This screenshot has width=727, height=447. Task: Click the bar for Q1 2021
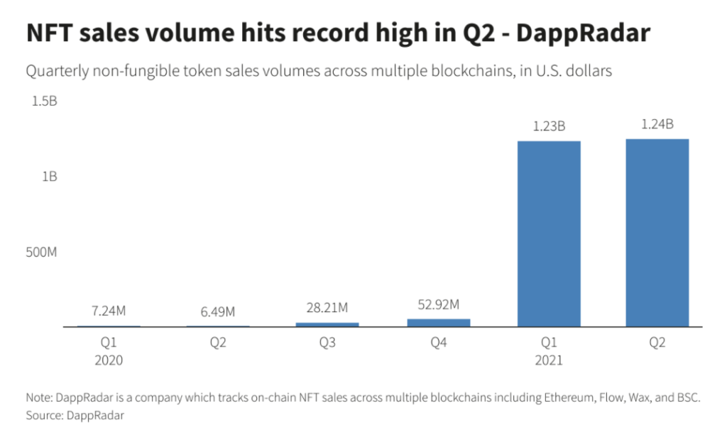[x=549, y=233]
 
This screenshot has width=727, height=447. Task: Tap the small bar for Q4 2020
[x=438, y=323]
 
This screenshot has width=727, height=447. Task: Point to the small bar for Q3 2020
[x=327, y=324]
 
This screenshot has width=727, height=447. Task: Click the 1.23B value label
[x=549, y=127]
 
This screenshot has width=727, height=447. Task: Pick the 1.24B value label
[x=657, y=124]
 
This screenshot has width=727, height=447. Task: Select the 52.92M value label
[x=438, y=305]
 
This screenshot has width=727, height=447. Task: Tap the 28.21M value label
[x=327, y=309]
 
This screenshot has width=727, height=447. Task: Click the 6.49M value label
[x=218, y=311]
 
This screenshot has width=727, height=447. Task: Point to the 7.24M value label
[x=109, y=311]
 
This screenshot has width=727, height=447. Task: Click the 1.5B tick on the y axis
[x=44, y=101]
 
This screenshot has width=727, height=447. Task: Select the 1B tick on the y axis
[x=49, y=177]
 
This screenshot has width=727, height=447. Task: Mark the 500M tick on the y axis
[x=41, y=252]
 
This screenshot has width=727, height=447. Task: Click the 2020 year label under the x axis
[x=109, y=360]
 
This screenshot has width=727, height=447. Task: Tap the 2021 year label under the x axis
[x=549, y=360]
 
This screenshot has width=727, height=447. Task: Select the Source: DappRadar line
[x=75, y=415]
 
